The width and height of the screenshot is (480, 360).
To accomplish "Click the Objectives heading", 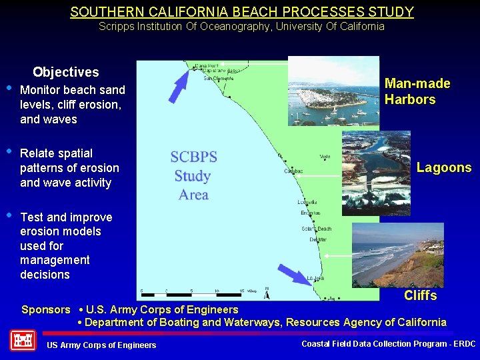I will [65, 72].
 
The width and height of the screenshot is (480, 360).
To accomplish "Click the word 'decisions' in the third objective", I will [45, 275].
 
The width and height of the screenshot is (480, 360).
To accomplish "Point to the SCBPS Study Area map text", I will [193, 176].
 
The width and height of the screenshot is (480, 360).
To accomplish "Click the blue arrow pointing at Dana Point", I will [179, 87].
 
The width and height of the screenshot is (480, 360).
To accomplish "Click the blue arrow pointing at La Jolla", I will [293, 274].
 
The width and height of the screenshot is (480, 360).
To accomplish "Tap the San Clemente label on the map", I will [217, 78].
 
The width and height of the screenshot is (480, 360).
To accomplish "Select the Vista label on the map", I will [325, 157].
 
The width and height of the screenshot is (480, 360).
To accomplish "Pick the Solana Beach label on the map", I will [317, 229].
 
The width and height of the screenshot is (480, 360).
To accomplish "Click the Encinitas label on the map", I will [310, 213].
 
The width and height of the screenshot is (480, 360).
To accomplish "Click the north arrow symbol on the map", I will [267, 293].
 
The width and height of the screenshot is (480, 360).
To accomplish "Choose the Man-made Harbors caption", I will [417, 92].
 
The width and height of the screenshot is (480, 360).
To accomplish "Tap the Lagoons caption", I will [444, 168].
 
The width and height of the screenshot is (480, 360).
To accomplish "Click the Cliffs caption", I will [420, 295].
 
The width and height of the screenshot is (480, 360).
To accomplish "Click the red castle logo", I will [23, 341].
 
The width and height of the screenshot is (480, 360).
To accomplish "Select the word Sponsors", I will [45, 309].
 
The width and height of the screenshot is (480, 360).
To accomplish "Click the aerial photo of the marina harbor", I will [333, 92].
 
